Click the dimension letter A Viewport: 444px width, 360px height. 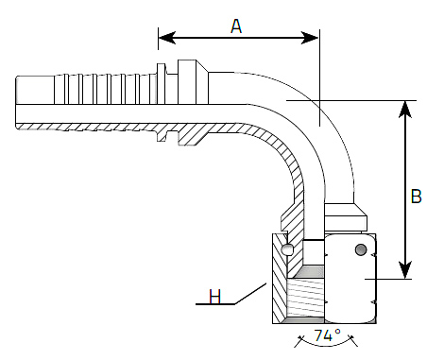point(236,26)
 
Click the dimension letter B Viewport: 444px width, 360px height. point(417,197)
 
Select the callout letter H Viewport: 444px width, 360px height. point(215,297)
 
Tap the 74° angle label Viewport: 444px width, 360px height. point(327,334)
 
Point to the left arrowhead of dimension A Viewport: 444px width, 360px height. point(167,38)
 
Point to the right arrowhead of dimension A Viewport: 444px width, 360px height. point(310,38)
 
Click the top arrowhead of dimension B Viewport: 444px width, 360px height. point(405,110)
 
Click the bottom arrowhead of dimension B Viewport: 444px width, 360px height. point(405,270)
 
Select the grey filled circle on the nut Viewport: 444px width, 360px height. point(361,249)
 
